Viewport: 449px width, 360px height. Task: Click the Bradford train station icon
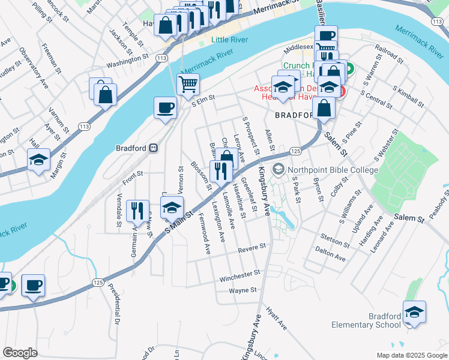pyautogui.click(x=154, y=148)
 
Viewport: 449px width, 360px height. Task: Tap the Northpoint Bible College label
pyautogui.click(x=333, y=170)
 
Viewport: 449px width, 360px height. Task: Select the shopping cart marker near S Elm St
pyautogui.click(x=188, y=85)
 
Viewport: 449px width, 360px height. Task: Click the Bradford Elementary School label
pyautogui.click(x=366, y=320)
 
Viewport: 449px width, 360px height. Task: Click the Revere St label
pyautogui.click(x=251, y=247)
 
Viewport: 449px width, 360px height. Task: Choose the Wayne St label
pyautogui.click(x=243, y=290)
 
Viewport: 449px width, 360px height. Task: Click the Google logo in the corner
pyautogui.click(x=20, y=353)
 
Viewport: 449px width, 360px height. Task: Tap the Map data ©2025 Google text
pyautogui.click(x=411, y=355)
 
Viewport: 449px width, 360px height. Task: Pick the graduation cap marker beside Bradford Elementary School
pyautogui.click(x=414, y=312)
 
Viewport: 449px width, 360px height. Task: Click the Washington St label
pyautogui.click(x=127, y=60)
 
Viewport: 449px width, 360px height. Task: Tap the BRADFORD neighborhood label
pyautogui.click(x=294, y=115)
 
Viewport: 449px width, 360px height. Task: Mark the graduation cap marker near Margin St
pyautogui.click(x=38, y=160)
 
